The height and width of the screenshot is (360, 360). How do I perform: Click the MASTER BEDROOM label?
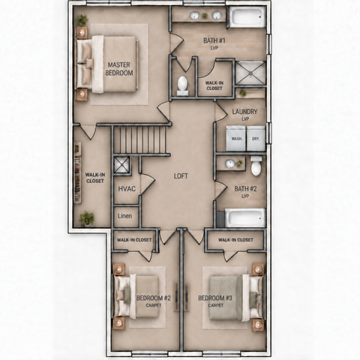pos(119,69)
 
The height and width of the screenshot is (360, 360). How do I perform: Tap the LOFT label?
pos(181,176)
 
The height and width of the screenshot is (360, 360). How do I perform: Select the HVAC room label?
pos(127,189)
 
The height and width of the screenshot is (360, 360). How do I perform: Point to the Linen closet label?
pos(124,216)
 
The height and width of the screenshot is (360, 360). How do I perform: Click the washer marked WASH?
pos(236,138)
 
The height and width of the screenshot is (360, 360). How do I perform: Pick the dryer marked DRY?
pos(256,138)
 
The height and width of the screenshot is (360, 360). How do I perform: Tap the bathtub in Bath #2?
pos(245,217)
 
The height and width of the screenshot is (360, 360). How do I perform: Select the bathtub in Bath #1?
pos(247,16)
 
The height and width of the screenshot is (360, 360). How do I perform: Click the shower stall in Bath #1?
pos(250,73)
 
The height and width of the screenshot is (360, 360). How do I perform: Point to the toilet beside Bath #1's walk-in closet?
pos(182,85)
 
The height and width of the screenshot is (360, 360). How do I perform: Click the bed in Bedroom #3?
pos(236,298)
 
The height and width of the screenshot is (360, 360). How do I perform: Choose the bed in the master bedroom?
pos(107,64)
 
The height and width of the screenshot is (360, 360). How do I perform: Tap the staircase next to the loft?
pos(140,139)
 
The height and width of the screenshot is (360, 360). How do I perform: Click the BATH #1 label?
pos(214,40)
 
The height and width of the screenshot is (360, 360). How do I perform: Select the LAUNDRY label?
pos(244,112)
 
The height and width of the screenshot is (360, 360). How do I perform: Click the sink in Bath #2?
pos(229,163)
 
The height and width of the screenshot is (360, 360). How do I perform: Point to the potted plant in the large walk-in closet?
pos(87,218)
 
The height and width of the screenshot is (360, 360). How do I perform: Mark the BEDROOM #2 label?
pos(154,298)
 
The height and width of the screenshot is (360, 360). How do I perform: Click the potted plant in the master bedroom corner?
pos(82,20)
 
